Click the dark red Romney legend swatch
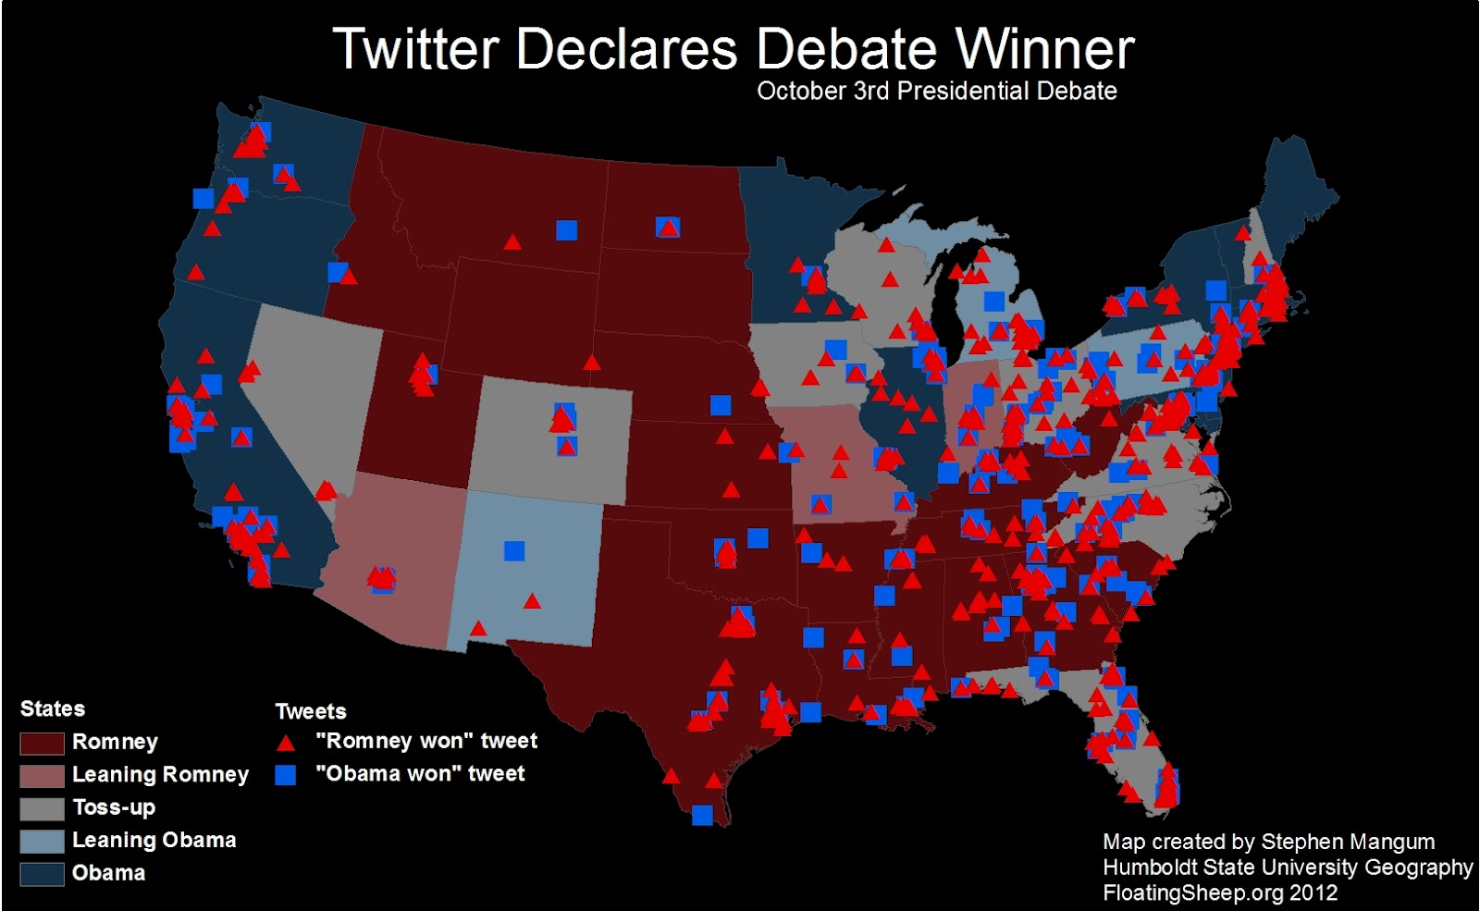42,743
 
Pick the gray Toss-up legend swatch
42,808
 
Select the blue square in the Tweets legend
286,775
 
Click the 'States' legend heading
53,709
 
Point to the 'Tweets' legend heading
311,711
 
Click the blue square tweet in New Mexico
514,551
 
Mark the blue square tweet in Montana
567,230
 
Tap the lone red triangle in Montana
512,242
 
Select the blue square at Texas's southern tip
702,815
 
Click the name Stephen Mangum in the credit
1348,842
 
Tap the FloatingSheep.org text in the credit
1193,893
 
